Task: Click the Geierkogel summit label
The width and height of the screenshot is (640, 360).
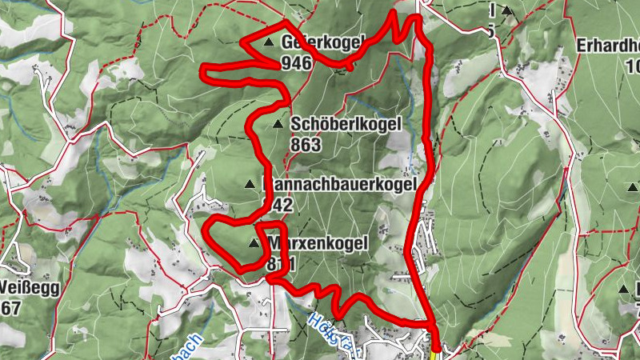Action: tap(322, 42)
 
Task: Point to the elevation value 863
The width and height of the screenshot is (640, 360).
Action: tap(306, 145)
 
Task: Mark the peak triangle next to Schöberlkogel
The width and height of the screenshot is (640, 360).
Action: tap(278, 124)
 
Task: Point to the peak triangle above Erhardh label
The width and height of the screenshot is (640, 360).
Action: tap(506, 10)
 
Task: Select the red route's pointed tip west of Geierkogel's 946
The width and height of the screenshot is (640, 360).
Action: tap(204, 74)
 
